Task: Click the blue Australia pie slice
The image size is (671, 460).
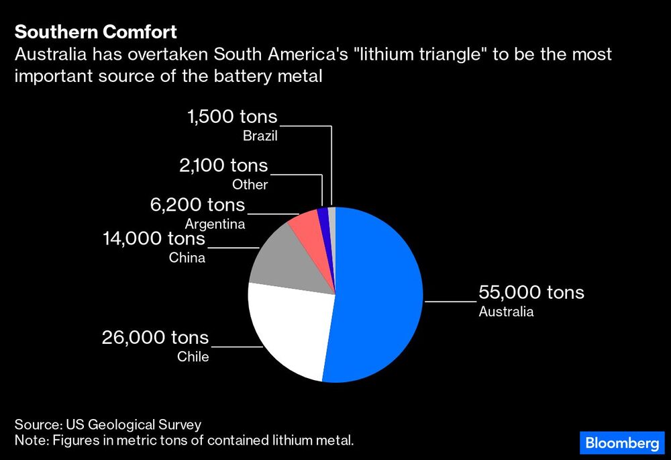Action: pos(379,295)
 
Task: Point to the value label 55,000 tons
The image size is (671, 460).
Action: pos(531,293)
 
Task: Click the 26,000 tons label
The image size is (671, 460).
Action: pos(155,337)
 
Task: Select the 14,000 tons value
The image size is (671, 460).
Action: pos(154,238)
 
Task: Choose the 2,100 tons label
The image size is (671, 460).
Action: pos(223,165)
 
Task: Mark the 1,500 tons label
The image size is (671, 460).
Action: pos(232,117)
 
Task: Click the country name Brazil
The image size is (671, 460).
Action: pos(260,136)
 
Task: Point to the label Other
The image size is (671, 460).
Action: pos(250,185)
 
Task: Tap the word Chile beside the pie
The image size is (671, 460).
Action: pos(193,357)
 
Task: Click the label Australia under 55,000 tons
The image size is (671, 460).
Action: pos(506,312)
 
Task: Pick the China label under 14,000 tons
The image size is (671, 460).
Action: pos(187,257)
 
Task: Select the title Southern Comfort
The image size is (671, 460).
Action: pos(96,32)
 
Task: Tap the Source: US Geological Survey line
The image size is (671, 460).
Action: pos(108,424)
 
